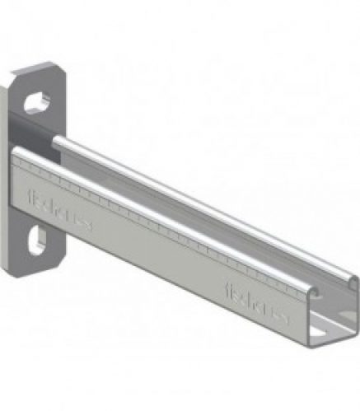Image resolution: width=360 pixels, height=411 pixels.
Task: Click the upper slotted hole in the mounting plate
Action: (36, 102)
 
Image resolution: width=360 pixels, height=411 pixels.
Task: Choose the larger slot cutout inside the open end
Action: (337, 329)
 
